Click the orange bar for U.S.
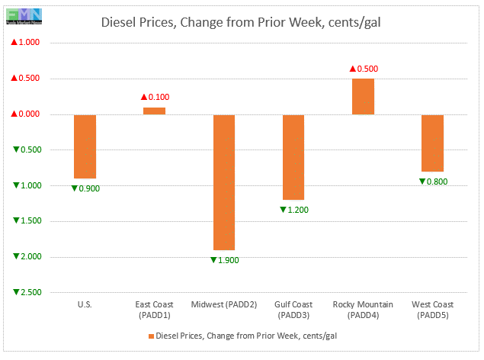point(85,146)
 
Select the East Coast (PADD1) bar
point(154,111)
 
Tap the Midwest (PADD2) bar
point(224,182)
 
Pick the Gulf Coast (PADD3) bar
point(293,157)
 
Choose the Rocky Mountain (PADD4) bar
point(363,96)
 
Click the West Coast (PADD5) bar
point(432,143)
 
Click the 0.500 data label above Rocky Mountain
point(364,69)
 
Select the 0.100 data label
point(155,97)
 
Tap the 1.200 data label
point(293,209)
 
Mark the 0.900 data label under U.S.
point(85,188)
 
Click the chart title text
point(242,21)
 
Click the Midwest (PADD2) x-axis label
point(224,310)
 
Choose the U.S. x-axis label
point(85,305)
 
